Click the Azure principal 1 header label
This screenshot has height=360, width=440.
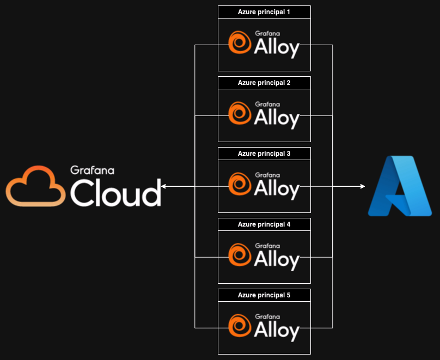coord(264,12)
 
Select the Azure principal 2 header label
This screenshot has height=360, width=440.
coord(264,83)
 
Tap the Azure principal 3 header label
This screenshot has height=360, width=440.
coord(264,154)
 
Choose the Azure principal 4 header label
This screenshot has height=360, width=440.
coord(264,224)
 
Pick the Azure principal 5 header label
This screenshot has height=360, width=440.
coord(264,295)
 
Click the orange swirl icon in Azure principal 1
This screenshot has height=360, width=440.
coord(239,42)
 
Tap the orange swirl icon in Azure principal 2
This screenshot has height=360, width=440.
coord(239,113)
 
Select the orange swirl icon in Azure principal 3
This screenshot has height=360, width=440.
coord(239,184)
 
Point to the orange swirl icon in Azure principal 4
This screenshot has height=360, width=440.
coord(239,255)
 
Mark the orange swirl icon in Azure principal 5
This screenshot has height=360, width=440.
coord(239,326)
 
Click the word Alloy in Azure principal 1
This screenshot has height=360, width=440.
coord(277,48)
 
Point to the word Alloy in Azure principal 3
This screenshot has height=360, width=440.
coord(277,190)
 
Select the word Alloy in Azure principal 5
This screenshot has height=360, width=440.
coord(277,331)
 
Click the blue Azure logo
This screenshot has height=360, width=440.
coord(400,186)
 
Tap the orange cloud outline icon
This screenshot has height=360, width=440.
coord(35,186)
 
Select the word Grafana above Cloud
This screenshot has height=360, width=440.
coord(92,170)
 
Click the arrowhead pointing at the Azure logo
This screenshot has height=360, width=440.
coord(362,187)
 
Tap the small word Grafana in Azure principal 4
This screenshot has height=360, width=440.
coord(267,246)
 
